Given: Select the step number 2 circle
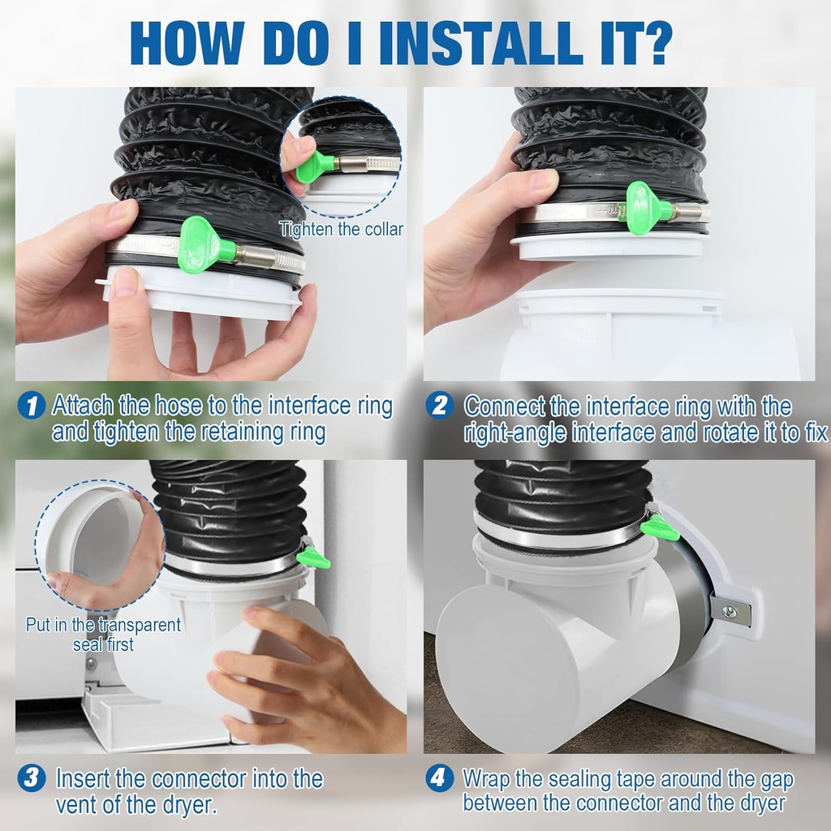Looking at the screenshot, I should pos(439,406).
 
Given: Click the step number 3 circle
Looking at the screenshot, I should pos(31,779).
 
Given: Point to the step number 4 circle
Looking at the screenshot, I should pos(439,779).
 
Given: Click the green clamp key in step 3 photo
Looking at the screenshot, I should pos(312,558).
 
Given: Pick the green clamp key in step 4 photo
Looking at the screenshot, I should pos(659,529).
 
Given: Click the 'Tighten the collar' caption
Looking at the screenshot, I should pos(341,230).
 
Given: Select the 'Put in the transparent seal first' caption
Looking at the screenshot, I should pos(103,635).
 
